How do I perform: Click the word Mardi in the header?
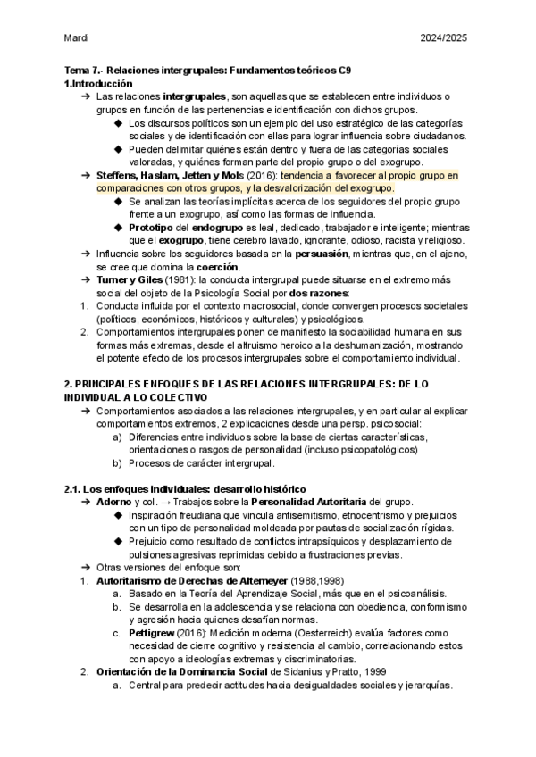(77, 38)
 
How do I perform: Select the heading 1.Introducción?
(101, 83)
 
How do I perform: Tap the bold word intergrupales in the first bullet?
(195, 96)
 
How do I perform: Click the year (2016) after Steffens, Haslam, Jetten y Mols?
(263, 177)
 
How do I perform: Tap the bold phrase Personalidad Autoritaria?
(307, 503)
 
